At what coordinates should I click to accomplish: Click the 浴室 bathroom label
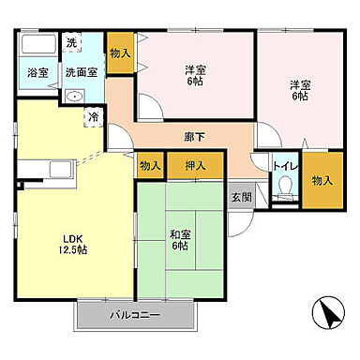pos(38,72)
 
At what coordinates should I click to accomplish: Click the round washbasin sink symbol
pos(73,95)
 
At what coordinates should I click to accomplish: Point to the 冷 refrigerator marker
pos(94,117)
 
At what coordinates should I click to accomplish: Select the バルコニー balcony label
pos(137,314)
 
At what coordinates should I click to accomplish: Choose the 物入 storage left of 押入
pos(150,166)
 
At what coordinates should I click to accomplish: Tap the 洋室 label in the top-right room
pos(299,89)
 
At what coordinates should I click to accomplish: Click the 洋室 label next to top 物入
pos(194,73)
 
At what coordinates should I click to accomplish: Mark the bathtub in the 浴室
pos(37,48)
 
